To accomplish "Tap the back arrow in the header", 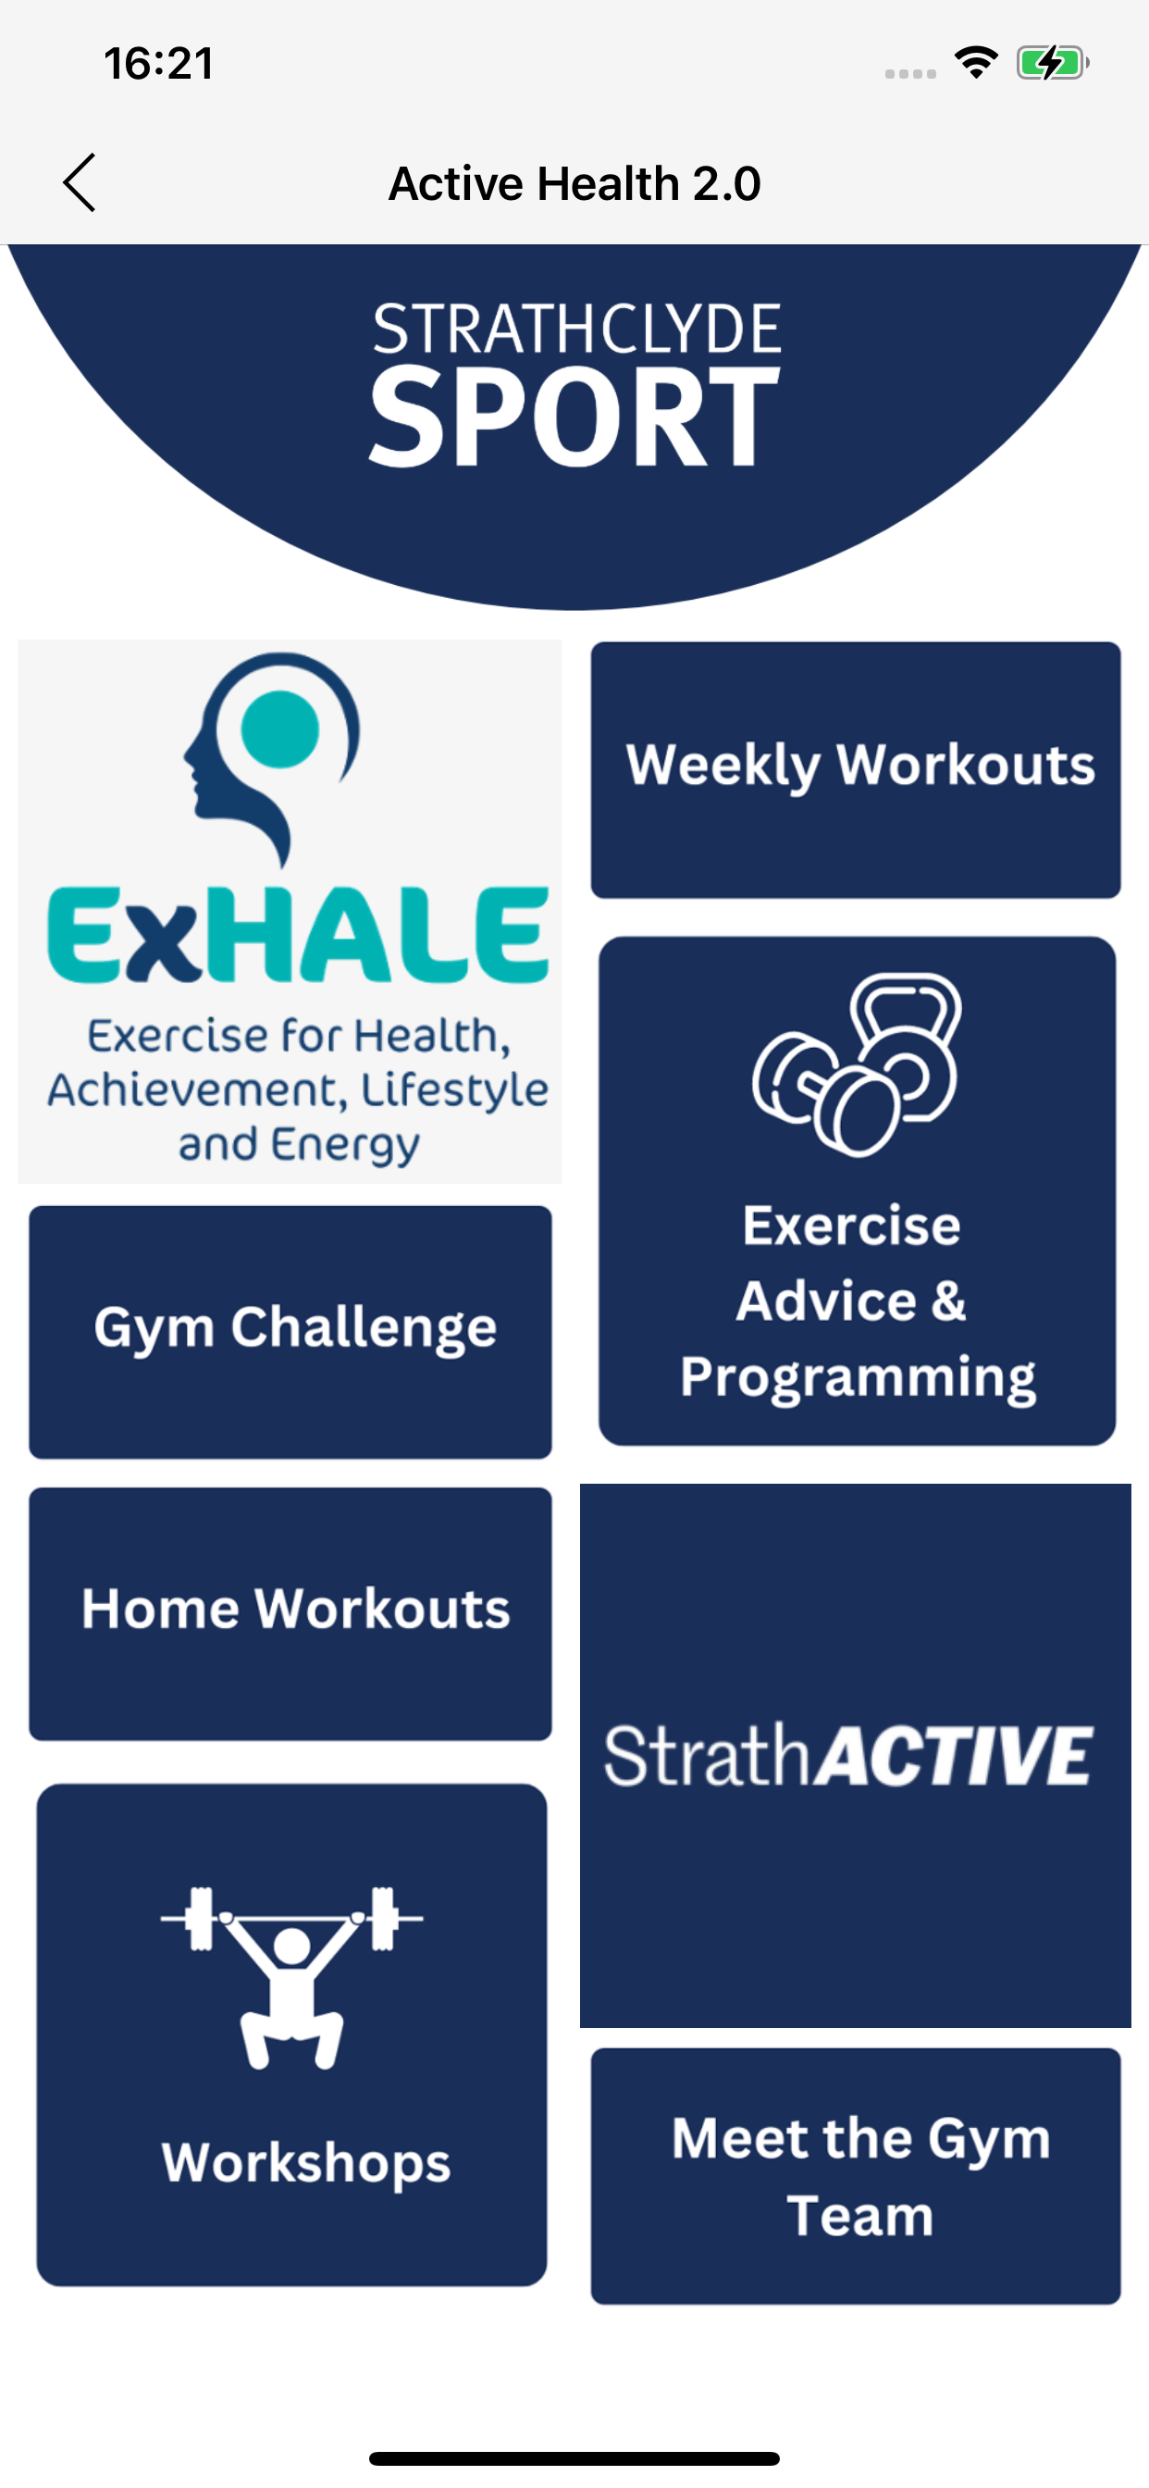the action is (80, 182).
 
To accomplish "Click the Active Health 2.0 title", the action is (574, 183).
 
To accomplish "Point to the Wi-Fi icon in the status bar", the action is (976, 63).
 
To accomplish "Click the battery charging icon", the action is (1053, 63).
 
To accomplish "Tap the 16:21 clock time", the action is (158, 64).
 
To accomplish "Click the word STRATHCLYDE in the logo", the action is (576, 330).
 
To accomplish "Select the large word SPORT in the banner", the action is (574, 417).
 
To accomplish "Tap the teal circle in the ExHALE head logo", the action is (280, 728).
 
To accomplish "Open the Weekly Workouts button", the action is (856, 770).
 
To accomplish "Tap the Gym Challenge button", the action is (290, 1332).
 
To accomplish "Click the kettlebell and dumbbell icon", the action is (857, 1064).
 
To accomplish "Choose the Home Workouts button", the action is (290, 1614).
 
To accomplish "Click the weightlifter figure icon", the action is (291, 1976).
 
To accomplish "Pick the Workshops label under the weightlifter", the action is (306, 2163).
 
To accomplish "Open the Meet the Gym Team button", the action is (856, 2176).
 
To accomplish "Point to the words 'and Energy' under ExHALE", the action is (300, 1146).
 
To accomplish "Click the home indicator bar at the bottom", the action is (574, 2458).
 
